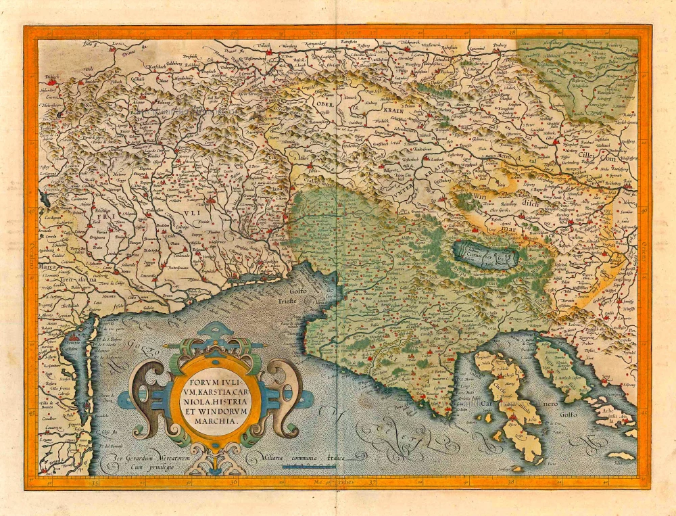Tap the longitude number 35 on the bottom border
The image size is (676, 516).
95,483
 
